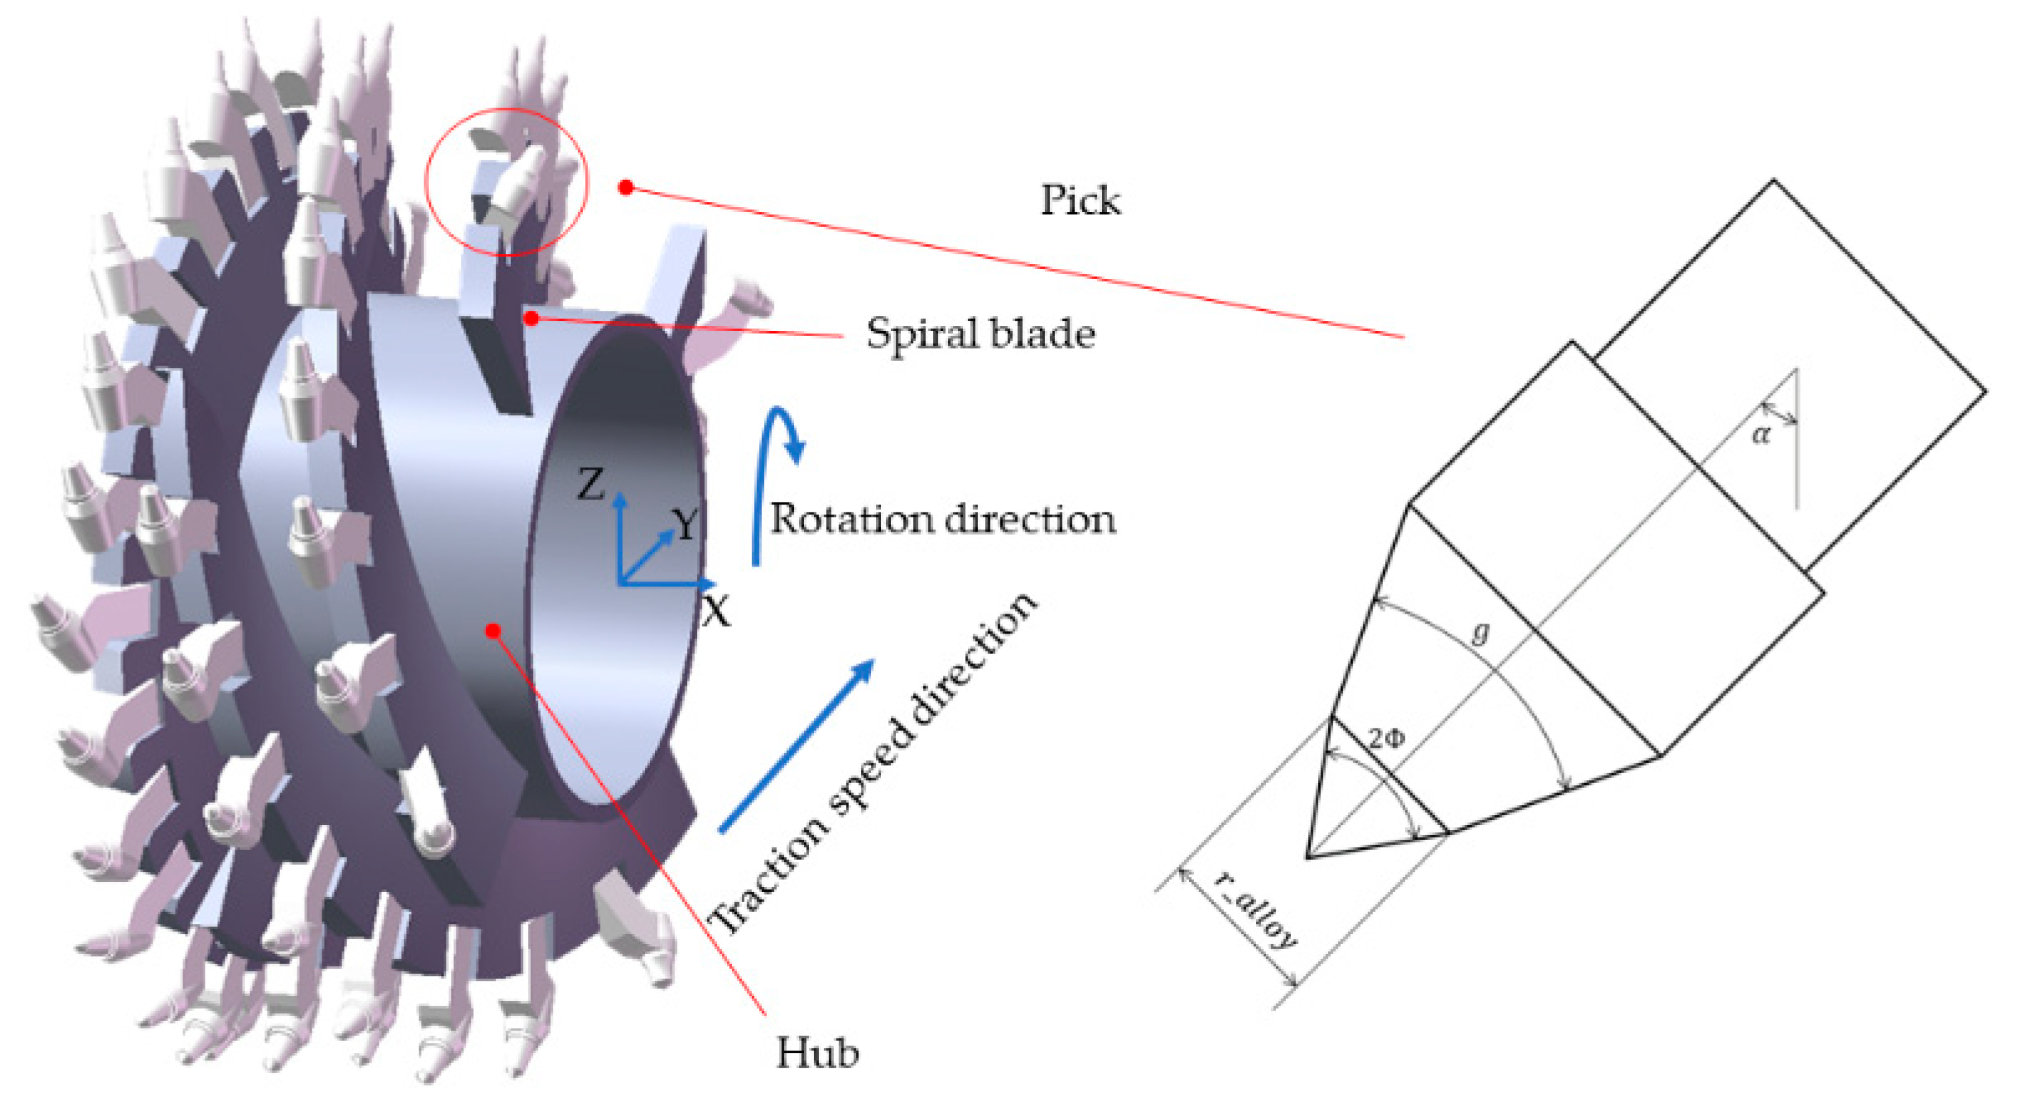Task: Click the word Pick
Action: pos(1079,201)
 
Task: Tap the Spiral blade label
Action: pos(980,335)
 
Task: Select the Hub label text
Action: pos(816,1053)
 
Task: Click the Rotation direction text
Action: pos(942,519)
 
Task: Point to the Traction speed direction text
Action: pos(871,763)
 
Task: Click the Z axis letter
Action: pos(591,484)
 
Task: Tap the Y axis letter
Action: pos(685,524)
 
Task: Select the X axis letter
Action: pos(715,611)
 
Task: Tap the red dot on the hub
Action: pos(492,631)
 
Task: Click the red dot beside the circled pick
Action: pos(625,188)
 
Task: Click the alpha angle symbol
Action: pos(1760,433)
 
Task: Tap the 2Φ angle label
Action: pos(1387,738)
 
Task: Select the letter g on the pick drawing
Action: pos(1479,632)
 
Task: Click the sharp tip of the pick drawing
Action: pos(1308,857)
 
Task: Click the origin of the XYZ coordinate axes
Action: pos(620,583)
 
